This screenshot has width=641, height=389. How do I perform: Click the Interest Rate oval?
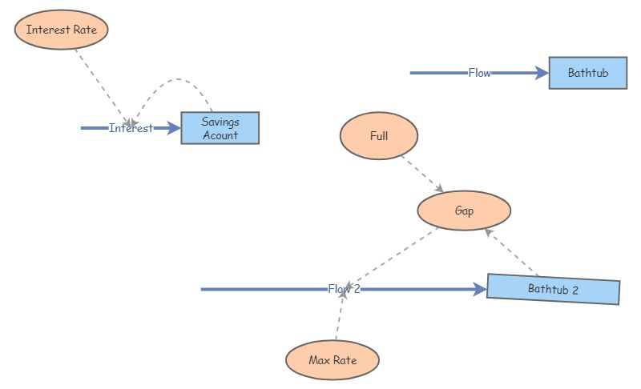coord(61,30)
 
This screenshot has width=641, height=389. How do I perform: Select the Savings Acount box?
coord(220,128)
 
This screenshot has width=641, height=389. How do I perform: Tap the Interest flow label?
coord(131,128)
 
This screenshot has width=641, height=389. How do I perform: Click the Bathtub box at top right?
coord(587,73)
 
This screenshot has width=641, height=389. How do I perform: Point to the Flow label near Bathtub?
coord(479,73)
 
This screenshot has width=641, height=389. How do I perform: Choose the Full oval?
coord(379,135)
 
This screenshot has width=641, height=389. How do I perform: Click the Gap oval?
coord(464,211)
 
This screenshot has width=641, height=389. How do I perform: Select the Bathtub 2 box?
coord(553,289)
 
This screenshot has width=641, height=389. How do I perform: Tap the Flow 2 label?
coord(344,289)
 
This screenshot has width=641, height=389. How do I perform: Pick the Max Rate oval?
coord(332,360)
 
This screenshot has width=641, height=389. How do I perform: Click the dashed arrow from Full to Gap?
coord(421,174)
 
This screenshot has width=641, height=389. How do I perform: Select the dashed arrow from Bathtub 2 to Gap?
coord(512,252)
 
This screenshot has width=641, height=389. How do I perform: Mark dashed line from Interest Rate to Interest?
coord(100,84)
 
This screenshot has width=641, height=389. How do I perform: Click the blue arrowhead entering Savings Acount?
coord(174,128)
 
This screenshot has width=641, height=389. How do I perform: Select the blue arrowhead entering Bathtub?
coord(542,73)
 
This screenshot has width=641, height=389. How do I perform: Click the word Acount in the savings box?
coord(220,135)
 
